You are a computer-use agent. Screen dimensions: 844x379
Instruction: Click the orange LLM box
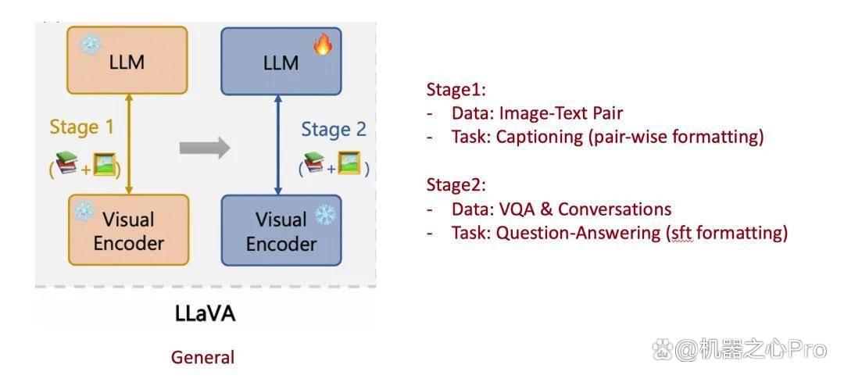coord(127,60)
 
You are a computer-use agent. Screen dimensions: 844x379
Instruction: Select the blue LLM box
coord(281,62)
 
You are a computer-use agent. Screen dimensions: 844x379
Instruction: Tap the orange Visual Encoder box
coord(129,230)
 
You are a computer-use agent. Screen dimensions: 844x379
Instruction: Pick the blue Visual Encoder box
coord(281,231)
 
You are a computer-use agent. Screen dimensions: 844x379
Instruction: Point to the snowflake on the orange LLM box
coord(91,44)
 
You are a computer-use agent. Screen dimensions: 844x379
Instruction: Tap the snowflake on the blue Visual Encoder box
coord(325,214)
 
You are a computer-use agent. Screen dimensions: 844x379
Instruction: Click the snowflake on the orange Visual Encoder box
coord(84,212)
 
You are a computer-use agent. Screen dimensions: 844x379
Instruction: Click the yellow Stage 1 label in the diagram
coord(82,127)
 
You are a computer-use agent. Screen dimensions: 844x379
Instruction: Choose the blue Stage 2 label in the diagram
coord(334,130)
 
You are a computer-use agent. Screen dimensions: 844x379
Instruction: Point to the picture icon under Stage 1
coord(105,164)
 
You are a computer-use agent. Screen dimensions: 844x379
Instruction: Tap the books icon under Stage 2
coord(314,163)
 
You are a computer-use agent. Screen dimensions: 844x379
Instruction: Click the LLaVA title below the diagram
coord(206,313)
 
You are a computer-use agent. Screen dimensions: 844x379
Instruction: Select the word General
coord(203,357)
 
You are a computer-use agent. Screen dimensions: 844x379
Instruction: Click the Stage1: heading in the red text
coord(456,90)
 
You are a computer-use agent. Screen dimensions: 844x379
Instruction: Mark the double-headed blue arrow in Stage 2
coord(278,145)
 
